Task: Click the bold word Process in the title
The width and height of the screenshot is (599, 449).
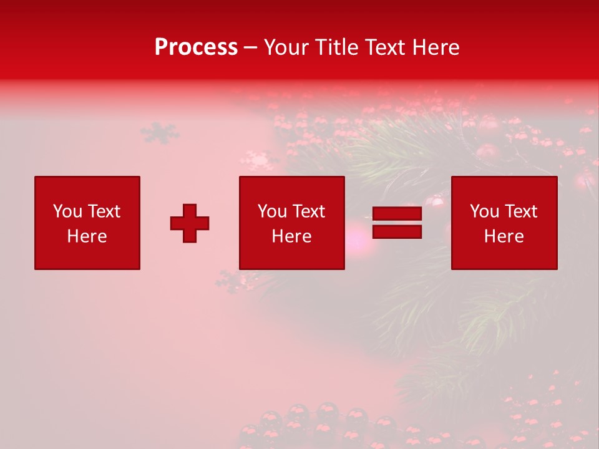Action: (196, 47)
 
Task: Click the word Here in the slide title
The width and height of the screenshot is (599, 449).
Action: (438, 47)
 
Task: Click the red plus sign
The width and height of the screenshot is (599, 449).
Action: (190, 223)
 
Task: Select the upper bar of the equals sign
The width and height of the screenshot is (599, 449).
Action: (397, 214)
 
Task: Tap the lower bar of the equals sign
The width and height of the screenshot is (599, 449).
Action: (397, 231)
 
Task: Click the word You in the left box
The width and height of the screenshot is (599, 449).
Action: (67, 211)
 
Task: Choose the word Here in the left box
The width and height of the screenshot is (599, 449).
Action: (87, 236)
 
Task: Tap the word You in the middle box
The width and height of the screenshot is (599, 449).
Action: (272, 211)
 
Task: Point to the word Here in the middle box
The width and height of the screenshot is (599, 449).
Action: (291, 236)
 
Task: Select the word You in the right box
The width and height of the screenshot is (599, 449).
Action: (484, 211)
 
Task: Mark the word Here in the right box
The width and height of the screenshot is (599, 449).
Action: (504, 236)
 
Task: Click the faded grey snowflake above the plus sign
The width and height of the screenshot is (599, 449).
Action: (160, 132)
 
